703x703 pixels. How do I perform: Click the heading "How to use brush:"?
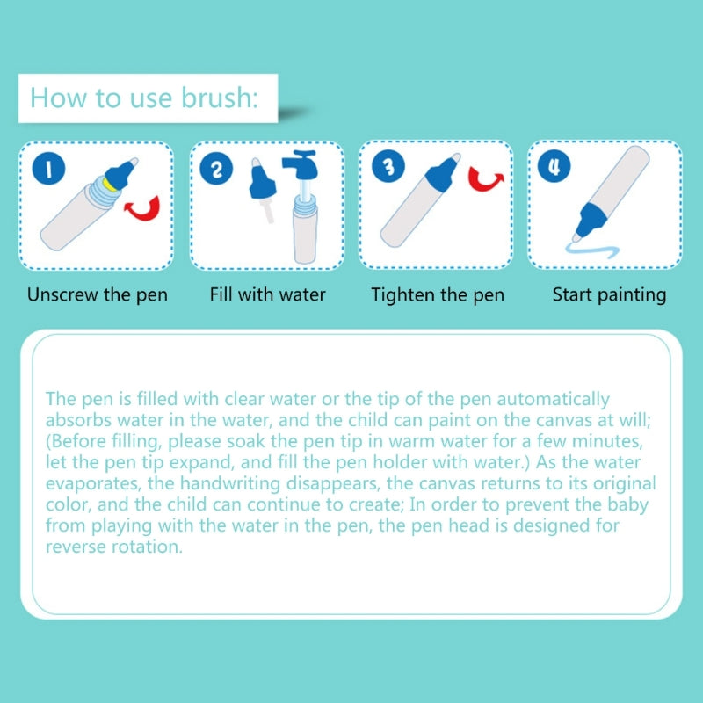pyautogui.click(x=144, y=98)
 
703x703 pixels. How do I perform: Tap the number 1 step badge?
pyautogui.click(x=49, y=168)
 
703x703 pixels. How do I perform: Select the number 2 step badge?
pyautogui.click(x=216, y=169)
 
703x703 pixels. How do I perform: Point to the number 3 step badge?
pyautogui.click(x=388, y=166)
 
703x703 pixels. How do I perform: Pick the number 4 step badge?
pyautogui.click(x=554, y=166)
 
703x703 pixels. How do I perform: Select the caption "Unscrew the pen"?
pyautogui.click(x=98, y=295)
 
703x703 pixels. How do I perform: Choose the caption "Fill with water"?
pyautogui.click(x=268, y=294)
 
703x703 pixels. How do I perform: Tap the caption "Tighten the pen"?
pyautogui.click(x=438, y=295)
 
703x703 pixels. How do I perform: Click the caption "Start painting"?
pyautogui.click(x=609, y=295)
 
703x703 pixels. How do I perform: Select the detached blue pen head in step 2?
pyautogui.click(x=261, y=179)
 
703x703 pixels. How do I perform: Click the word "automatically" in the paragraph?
pyautogui.click(x=554, y=399)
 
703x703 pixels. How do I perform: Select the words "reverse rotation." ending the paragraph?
pyautogui.click(x=114, y=547)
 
